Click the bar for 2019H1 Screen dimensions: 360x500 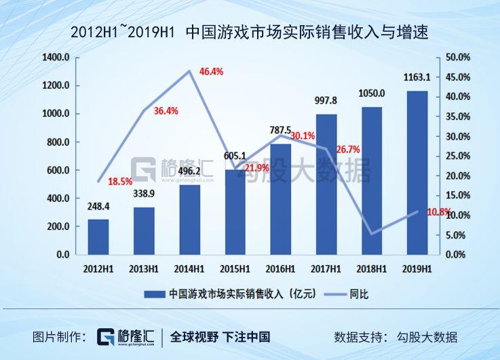(418, 173)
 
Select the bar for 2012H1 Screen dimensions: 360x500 (98, 237)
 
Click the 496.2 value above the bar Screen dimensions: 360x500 (190, 171)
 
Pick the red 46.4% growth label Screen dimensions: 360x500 (210, 71)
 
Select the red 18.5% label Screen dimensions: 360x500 (120, 182)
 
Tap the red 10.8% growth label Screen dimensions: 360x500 (439, 212)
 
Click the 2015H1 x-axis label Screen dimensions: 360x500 (235, 268)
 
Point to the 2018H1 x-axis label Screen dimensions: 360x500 (372, 268)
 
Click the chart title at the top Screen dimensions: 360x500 (250, 32)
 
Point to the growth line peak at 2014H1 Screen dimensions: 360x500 (189, 71)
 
